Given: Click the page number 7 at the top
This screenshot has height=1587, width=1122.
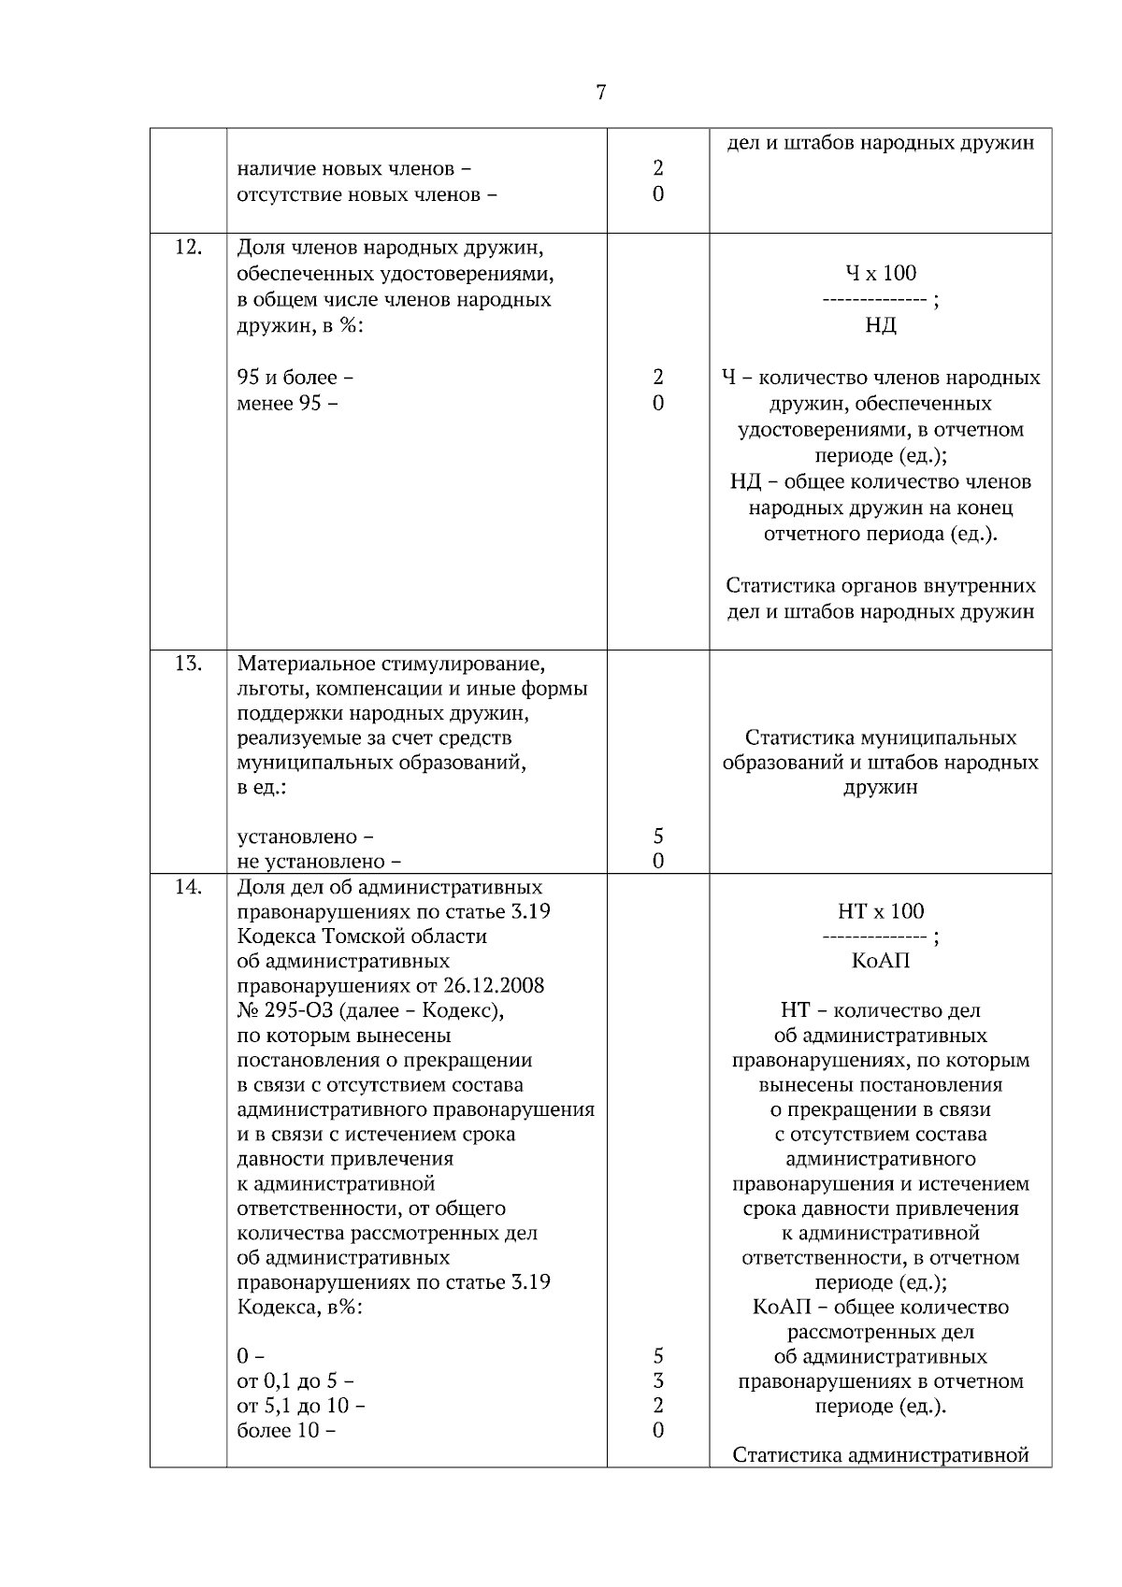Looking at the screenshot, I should tap(600, 92).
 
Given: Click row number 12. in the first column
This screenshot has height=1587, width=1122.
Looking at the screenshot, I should tap(188, 248).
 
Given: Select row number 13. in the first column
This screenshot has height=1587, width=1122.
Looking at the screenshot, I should tap(188, 664).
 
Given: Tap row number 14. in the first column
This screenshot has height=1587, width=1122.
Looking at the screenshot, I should tap(188, 887).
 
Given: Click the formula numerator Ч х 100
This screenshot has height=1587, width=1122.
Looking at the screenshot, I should tap(880, 274).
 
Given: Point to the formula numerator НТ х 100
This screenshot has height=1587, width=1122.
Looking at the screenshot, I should tap(880, 911).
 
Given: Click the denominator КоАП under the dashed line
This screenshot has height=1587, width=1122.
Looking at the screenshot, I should tap(880, 961).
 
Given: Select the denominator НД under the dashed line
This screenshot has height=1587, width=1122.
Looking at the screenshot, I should tap(880, 325).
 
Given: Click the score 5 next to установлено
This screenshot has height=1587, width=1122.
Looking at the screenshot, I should tap(658, 836).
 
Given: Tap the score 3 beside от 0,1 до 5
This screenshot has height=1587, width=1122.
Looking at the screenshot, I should tap(658, 1380).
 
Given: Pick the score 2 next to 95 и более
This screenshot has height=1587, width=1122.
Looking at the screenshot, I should tap(658, 378).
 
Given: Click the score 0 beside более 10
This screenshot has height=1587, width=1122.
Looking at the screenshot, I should tap(658, 1430).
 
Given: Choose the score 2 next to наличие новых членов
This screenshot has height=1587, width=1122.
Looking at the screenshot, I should tap(658, 169).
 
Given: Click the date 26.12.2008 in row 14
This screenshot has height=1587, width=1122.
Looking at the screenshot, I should tap(495, 986).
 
